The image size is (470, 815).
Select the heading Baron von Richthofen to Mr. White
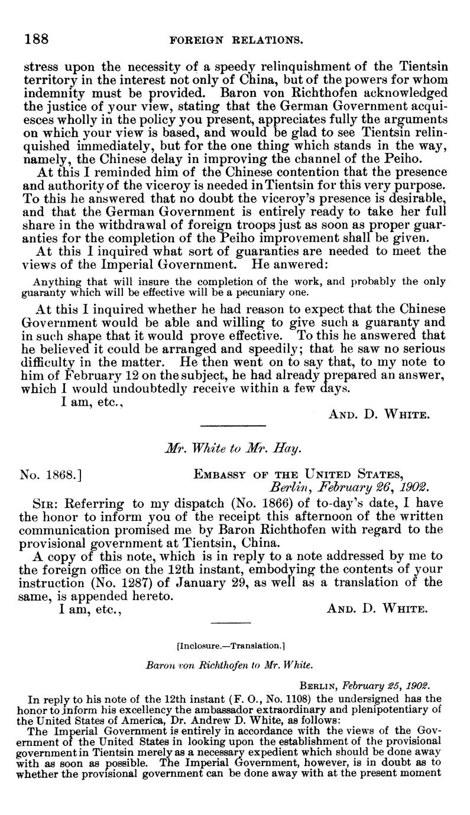click(x=234, y=665)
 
